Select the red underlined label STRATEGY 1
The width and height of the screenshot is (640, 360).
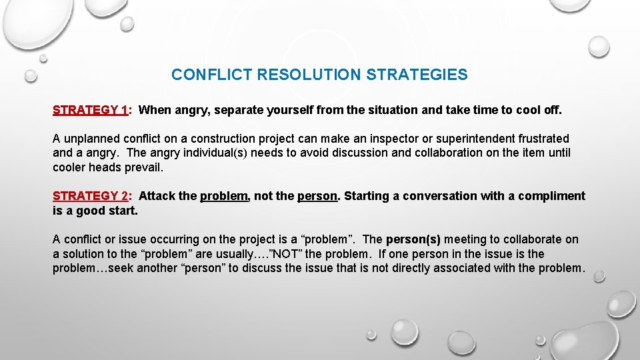(91, 110)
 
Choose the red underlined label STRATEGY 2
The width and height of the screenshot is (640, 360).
(91, 196)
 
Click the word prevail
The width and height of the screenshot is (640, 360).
(143, 167)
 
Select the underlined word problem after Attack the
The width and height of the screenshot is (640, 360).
(223, 196)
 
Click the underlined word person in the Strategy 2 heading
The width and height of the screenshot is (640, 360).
(317, 196)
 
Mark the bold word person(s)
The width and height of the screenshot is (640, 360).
(413, 239)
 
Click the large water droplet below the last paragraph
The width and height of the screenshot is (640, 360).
(405, 331)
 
